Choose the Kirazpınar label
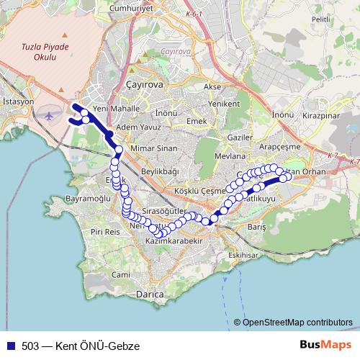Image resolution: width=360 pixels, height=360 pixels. click(321, 115)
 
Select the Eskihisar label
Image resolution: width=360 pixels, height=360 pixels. click(243, 255)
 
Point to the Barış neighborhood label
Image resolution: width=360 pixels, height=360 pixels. click(257, 226)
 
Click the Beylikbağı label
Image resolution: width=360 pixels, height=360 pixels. click(159, 171)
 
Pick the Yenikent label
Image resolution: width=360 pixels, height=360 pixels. click(223, 104)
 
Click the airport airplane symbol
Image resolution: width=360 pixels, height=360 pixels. click(48, 115)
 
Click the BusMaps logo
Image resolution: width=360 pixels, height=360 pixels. click(326, 346)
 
